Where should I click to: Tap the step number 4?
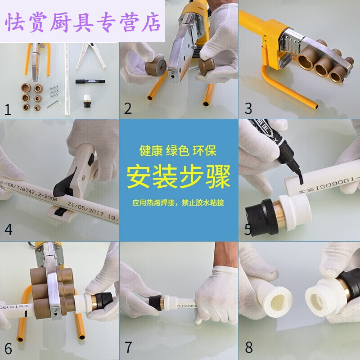pyautogui.click(x=9, y=229)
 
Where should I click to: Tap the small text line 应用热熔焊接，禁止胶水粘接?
pyautogui.click(x=179, y=203)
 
